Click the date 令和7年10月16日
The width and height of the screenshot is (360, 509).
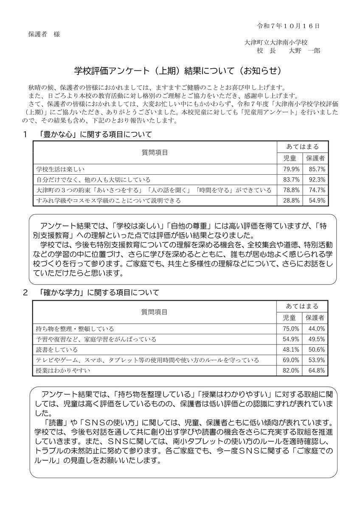288,26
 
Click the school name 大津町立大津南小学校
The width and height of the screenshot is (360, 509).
276,42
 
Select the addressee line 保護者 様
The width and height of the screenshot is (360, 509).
45,34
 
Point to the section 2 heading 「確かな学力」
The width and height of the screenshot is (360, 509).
96,292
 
